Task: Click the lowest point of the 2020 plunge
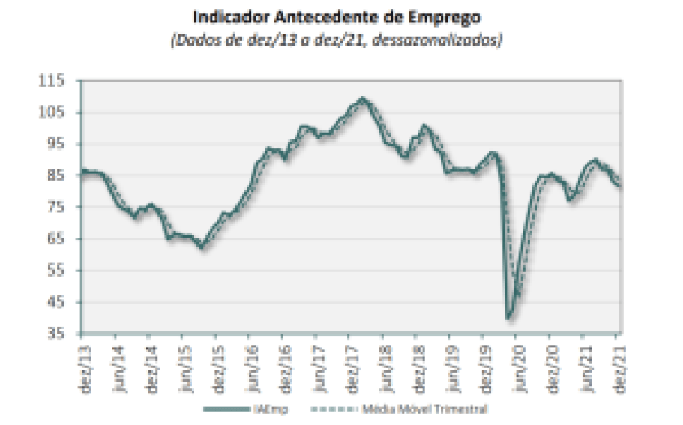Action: coord(509,318)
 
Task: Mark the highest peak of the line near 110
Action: coord(363,98)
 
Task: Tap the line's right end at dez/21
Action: coord(620,187)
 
